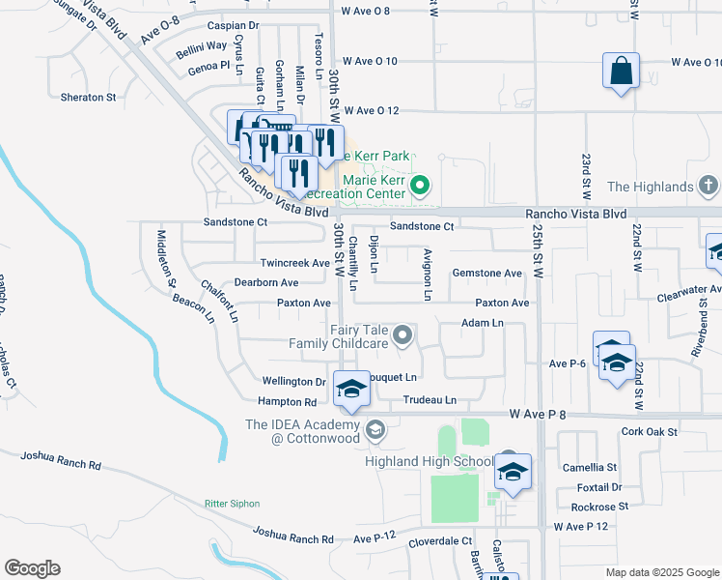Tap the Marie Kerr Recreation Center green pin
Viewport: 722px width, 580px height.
point(420,185)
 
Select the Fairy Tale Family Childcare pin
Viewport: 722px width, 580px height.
point(403,336)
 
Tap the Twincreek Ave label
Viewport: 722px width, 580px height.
point(295,263)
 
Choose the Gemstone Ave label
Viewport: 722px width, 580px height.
point(486,274)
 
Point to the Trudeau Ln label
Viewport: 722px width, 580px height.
point(429,399)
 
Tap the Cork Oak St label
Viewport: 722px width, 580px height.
point(646,431)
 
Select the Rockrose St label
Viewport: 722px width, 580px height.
point(598,506)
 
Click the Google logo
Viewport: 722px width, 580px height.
point(32,568)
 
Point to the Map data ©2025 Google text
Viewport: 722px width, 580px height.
point(661,572)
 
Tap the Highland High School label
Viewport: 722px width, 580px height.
point(429,461)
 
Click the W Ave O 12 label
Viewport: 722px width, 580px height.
point(384,111)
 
